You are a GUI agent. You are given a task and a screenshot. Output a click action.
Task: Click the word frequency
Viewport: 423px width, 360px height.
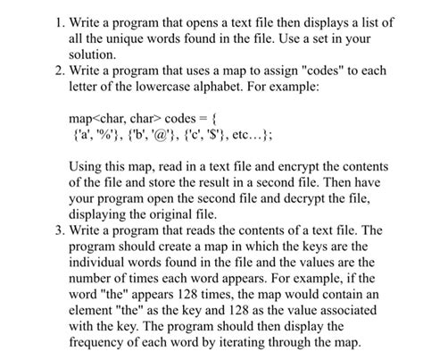pos(101,339)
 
